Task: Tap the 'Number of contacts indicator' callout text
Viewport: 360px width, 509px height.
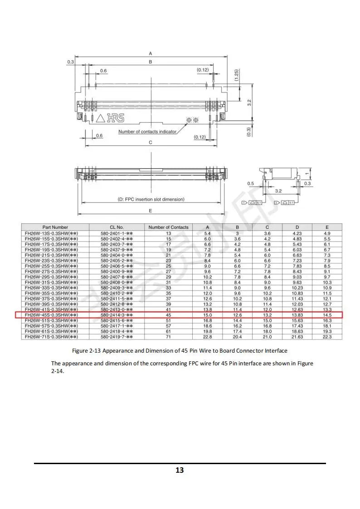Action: point(147,132)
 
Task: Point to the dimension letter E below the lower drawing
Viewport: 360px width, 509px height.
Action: point(151,211)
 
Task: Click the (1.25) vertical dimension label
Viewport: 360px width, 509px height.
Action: point(237,75)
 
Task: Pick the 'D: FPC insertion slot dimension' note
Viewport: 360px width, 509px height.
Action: point(151,199)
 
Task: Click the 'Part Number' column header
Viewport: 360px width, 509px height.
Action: point(55,227)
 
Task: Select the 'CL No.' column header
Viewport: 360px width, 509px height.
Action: point(117,227)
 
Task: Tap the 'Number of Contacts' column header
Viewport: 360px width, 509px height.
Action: point(169,227)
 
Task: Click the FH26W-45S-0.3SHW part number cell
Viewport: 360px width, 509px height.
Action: point(51,315)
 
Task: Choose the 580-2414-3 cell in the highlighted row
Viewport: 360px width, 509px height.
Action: point(117,315)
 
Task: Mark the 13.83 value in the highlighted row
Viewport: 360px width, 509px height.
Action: point(297,315)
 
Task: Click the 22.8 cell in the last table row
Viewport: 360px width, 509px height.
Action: point(208,337)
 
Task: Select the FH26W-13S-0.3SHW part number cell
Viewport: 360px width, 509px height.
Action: point(51,233)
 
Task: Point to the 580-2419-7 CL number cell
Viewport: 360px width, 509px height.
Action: point(117,337)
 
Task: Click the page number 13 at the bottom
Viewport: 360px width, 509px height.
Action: point(180,470)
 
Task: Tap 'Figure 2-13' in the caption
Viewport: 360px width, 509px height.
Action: point(87,351)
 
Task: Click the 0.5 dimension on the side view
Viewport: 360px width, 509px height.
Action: point(251,184)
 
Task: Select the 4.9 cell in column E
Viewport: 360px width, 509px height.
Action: point(327,233)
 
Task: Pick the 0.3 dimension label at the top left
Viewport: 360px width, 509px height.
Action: point(70,62)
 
